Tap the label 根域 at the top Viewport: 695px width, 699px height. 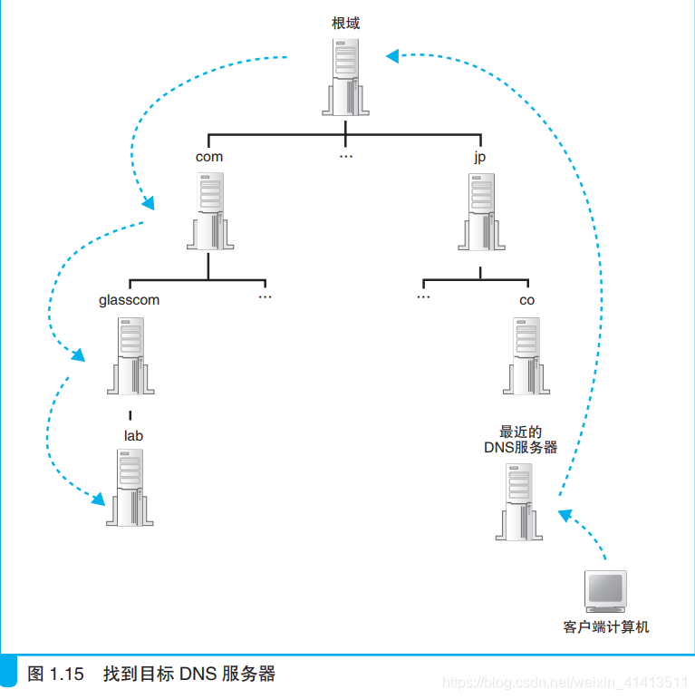[345, 24]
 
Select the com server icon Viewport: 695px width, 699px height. [209, 209]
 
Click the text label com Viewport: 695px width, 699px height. [209, 157]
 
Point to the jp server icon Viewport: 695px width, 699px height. [481, 209]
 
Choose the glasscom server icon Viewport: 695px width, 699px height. [130, 354]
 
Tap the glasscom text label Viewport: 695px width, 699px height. [129, 300]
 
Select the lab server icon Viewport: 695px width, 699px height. [130, 487]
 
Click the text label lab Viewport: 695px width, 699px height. [133, 435]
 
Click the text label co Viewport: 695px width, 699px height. [526, 300]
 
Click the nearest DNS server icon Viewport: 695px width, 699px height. [520, 501]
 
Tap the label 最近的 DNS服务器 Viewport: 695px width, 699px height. [520, 440]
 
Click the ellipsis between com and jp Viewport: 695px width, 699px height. [345, 157]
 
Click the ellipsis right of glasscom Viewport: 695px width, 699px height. [265, 297]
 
